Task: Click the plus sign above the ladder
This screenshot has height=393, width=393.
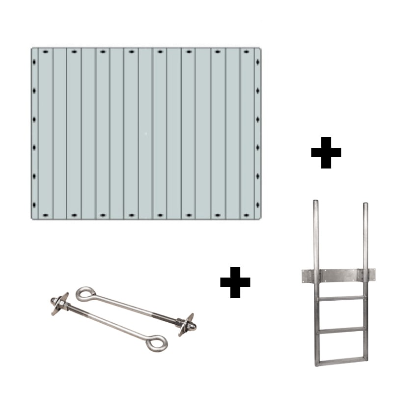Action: [x=326, y=152]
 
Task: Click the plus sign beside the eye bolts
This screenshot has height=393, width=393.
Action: [x=235, y=282]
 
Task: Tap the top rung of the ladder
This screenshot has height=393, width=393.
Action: [x=340, y=297]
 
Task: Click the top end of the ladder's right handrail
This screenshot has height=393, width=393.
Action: [x=365, y=203]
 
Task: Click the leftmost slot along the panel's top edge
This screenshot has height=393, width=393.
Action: [x=45, y=52]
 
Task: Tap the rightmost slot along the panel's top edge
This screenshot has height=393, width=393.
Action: [x=245, y=52]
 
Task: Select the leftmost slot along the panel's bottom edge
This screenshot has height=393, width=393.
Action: [x=45, y=215]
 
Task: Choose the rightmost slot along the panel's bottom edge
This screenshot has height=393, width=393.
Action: [x=245, y=215]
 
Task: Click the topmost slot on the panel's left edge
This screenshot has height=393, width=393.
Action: [x=34, y=62]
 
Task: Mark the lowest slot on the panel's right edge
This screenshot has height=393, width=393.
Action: [x=257, y=203]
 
